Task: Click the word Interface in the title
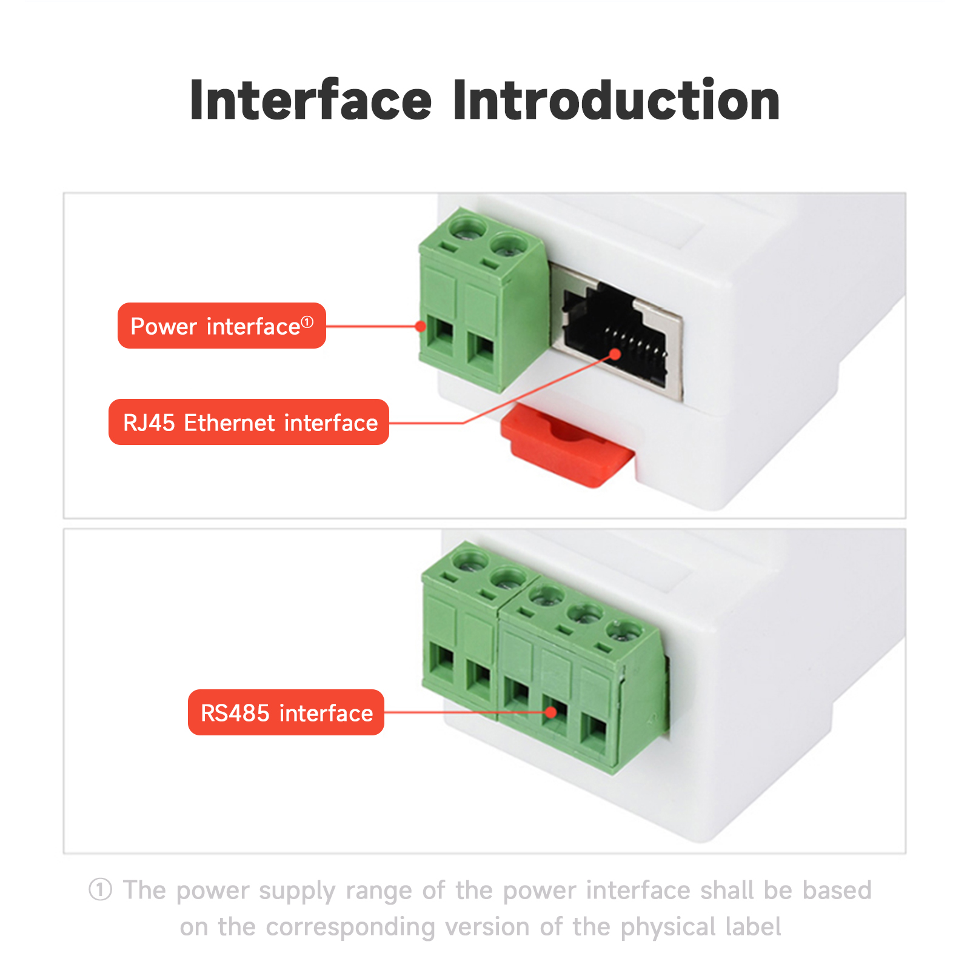pyautogui.click(x=310, y=100)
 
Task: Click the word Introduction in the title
pyautogui.click(x=616, y=100)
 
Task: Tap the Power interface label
pyautogui.click(x=222, y=326)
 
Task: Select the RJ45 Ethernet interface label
pyautogui.click(x=249, y=422)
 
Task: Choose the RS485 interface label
pyautogui.click(x=286, y=712)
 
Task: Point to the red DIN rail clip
pyautogui.click(x=566, y=446)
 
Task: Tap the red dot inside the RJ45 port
pyautogui.click(x=615, y=354)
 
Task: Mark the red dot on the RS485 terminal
pyautogui.click(x=550, y=712)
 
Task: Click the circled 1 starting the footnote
pyautogui.click(x=101, y=890)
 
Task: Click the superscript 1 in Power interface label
pyautogui.click(x=307, y=322)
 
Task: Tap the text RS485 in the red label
pyautogui.click(x=235, y=713)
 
